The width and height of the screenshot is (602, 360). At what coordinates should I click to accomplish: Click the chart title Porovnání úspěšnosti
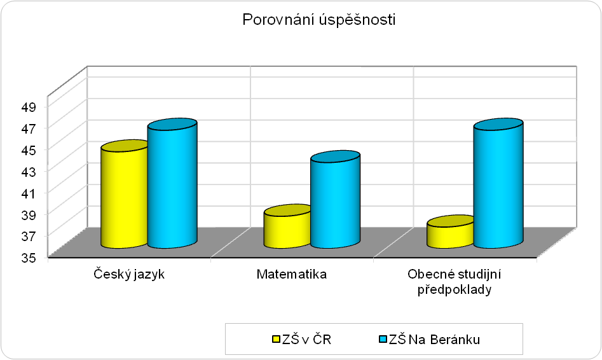(318, 19)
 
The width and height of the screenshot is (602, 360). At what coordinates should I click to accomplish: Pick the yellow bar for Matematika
(287, 226)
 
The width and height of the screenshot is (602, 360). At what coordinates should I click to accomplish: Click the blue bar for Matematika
(335, 199)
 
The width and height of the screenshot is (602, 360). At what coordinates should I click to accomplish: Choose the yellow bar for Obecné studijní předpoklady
(450, 232)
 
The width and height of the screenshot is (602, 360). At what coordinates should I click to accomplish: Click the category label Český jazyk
(129, 274)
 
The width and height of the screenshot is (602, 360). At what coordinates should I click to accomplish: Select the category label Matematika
(292, 274)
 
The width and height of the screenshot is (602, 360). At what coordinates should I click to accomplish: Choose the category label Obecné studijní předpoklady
(455, 282)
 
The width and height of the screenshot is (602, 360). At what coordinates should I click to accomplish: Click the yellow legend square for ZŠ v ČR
(276, 339)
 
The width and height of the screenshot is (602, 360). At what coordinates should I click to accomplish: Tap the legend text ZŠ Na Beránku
(434, 340)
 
